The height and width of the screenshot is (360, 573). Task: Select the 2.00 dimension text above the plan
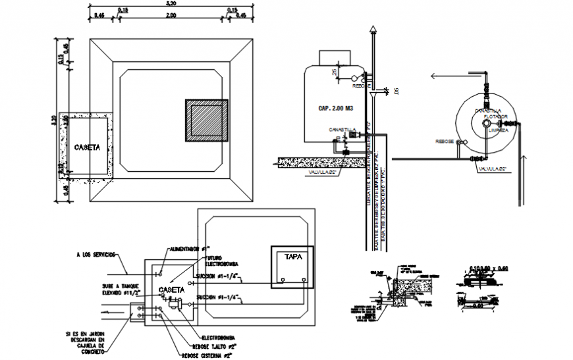pos(171,14)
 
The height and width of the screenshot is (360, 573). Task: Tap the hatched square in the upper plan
pos(206,120)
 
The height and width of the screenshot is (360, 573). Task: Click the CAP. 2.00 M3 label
pos(337,107)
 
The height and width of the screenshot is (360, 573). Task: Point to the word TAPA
pos(292,257)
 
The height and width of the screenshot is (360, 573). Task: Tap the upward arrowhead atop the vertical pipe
pos(372,28)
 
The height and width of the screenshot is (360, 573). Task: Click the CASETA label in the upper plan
pos(87,147)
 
